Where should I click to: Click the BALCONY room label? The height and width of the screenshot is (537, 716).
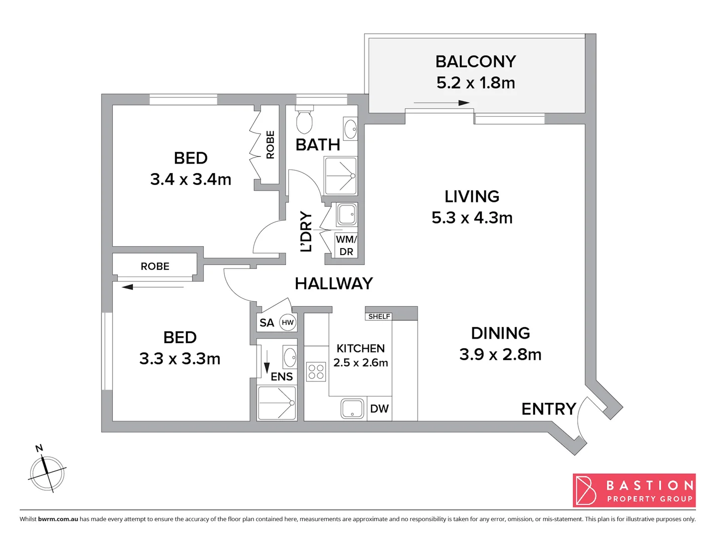pyautogui.click(x=475, y=62)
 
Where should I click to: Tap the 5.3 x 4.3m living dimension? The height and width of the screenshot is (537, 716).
pyautogui.click(x=472, y=218)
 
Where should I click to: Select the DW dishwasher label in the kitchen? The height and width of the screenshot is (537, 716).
pyautogui.click(x=379, y=409)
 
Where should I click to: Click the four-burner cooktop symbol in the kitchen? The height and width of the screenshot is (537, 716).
pyautogui.click(x=316, y=372)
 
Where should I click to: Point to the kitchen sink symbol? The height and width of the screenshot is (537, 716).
pyautogui.click(x=352, y=409)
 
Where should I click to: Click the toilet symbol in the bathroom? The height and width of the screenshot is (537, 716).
pyautogui.click(x=304, y=119)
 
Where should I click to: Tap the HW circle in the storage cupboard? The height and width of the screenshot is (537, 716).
pyautogui.click(x=288, y=322)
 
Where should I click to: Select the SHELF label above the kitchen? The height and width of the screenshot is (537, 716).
pyautogui.click(x=379, y=316)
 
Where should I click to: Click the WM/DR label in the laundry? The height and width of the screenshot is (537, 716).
pyautogui.click(x=346, y=246)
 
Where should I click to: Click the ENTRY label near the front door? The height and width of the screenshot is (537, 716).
pyautogui.click(x=548, y=409)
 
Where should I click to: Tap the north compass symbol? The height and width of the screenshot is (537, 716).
pyautogui.click(x=47, y=472)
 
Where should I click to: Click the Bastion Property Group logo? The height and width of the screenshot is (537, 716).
pyautogui.click(x=634, y=490)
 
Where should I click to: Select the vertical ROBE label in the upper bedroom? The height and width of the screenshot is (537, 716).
pyautogui.click(x=270, y=145)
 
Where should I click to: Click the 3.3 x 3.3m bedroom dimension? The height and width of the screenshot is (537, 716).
pyautogui.click(x=179, y=359)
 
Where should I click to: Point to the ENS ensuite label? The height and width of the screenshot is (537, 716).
pyautogui.click(x=281, y=377)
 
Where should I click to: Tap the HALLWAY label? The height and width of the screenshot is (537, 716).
pyautogui.click(x=334, y=283)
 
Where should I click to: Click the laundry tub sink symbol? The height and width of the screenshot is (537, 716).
pyautogui.click(x=347, y=215)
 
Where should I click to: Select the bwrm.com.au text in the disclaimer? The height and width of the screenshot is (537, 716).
pyautogui.click(x=58, y=519)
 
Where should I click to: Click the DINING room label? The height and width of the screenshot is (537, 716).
pyautogui.click(x=500, y=333)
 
